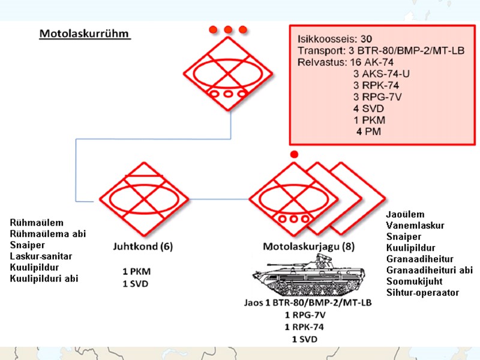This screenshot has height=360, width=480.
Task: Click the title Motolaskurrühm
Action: (x=85, y=33)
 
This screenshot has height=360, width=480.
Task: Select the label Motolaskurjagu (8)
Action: (x=303, y=246)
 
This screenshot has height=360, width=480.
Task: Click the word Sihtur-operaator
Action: (x=422, y=292)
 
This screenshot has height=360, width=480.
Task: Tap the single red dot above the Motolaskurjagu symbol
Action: (x=293, y=155)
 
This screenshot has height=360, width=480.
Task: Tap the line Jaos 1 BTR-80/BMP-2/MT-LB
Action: (x=308, y=303)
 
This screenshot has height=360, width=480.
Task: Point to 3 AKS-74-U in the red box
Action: (x=383, y=74)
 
